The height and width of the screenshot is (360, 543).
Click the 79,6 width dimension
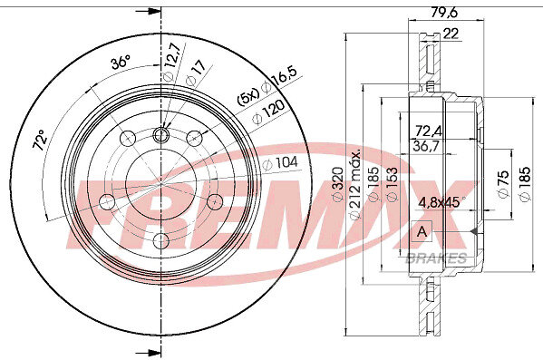tap(444, 13)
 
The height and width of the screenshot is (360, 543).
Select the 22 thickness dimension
tap(451, 34)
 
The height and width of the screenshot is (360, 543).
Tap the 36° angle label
tap(121, 63)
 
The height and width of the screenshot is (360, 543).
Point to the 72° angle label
tap(40, 140)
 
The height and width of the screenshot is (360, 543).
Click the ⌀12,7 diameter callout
tap(172, 62)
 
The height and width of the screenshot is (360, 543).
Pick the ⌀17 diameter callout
tap(196, 73)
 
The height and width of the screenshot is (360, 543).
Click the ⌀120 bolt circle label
tap(268, 112)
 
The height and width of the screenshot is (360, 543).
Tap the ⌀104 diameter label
tap(280, 162)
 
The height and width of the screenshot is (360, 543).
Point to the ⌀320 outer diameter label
tap(337, 184)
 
